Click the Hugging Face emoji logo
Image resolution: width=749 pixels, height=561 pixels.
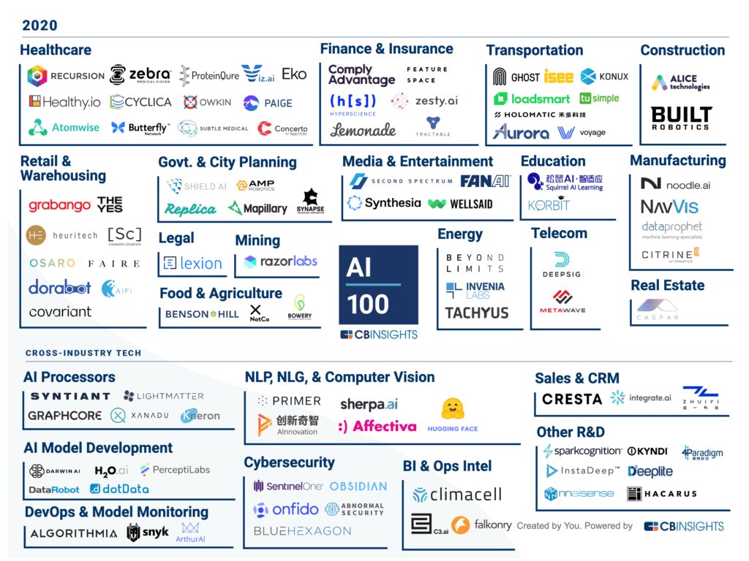pos(453,409)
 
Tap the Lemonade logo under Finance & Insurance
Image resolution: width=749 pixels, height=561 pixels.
pos(363,130)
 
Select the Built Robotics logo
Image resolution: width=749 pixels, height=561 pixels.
pos(682,118)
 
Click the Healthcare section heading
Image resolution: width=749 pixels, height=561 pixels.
pos(56,50)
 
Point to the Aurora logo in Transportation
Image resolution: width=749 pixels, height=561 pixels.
pos(521,133)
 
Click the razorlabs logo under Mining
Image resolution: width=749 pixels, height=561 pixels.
pos(281,262)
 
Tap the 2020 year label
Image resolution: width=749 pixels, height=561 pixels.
pos(39,26)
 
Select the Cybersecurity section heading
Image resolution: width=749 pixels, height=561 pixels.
pos(289,462)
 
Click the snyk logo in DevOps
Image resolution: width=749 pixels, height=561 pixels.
pos(148,533)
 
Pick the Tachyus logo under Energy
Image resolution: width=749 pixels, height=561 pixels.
pos(476,313)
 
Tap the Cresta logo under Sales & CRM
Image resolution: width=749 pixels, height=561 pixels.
pos(572,399)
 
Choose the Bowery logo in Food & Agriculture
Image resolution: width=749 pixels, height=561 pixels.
pos(300,307)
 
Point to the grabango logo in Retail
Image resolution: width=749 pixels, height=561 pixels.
pos(60,206)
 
